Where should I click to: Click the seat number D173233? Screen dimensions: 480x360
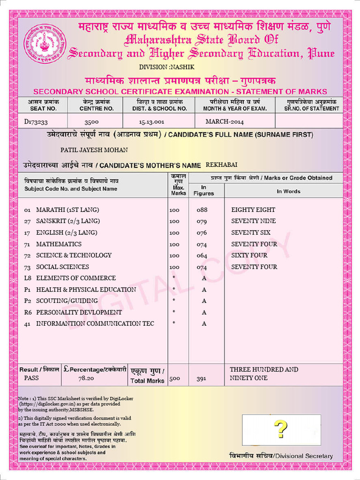pyautogui.click(x=36, y=121)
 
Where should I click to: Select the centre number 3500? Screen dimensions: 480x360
pyautogui.click(x=91, y=122)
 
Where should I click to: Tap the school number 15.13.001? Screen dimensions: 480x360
pyautogui.click(x=151, y=122)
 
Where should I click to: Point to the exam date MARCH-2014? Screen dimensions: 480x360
pyautogui.click(x=225, y=122)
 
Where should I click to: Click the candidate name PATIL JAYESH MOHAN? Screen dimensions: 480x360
pyautogui.click(x=94, y=150)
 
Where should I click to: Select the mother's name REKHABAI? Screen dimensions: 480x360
pyautogui.click(x=222, y=165)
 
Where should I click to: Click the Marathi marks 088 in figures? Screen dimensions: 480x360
pyautogui.click(x=202, y=210)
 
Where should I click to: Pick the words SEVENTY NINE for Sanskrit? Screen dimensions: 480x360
pyautogui.click(x=254, y=221)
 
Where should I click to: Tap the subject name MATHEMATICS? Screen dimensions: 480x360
pyautogui.click(x=59, y=244)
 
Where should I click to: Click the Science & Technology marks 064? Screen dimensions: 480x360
pyautogui.click(x=202, y=255)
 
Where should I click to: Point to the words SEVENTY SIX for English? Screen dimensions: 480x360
pyautogui.click(x=251, y=232)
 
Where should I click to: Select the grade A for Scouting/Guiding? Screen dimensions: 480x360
pyautogui.click(x=204, y=301)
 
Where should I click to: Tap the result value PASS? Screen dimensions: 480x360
pyautogui.click(x=32, y=378)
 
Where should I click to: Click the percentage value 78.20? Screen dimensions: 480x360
pyautogui.click(x=86, y=378)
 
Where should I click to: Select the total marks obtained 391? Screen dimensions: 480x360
pyautogui.click(x=201, y=378)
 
